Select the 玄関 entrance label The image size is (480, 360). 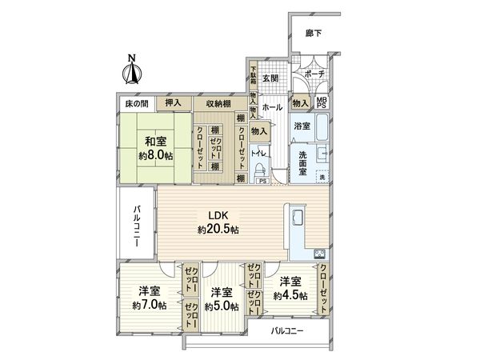pyautogui.click(x=270, y=78)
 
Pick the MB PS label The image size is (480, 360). pyautogui.click(x=322, y=102)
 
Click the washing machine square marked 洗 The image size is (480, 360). pyautogui.click(x=323, y=176)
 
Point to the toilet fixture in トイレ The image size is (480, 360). pyautogui.click(x=261, y=169)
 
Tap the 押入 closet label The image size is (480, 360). pyautogui.click(x=173, y=103)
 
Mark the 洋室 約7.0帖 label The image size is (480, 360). pyautogui.click(x=149, y=297)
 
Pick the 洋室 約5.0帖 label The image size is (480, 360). pyautogui.click(x=220, y=298)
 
